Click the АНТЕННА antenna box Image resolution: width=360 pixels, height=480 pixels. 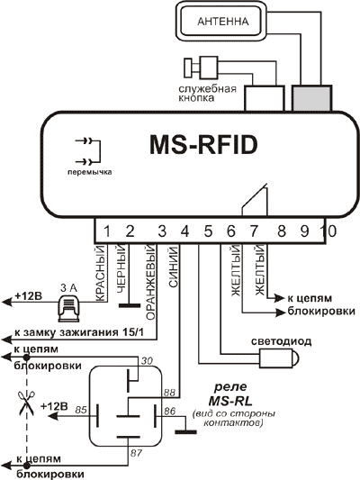point(222,21)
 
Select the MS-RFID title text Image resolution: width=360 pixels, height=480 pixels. point(203,145)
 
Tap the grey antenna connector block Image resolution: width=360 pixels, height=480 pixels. point(311,98)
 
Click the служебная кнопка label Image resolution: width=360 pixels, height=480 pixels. point(207,93)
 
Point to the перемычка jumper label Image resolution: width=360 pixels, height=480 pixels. point(90,172)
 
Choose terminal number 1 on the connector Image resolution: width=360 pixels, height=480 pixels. point(107,231)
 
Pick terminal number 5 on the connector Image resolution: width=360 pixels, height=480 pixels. point(208,231)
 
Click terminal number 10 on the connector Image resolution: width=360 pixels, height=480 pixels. point(329,231)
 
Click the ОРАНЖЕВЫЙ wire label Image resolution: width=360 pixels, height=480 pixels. point(151,282)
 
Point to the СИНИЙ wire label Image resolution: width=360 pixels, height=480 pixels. point(174,267)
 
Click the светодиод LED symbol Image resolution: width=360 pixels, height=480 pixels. point(279,358)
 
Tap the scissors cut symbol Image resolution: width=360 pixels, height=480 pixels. point(27,403)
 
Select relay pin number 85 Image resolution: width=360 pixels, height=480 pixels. point(81,410)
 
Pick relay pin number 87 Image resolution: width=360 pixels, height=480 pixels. point(136,453)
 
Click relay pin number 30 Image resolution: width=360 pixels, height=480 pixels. point(147,361)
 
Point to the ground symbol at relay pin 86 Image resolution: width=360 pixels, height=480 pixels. point(185,432)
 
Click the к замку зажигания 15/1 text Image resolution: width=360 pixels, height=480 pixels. point(79,332)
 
